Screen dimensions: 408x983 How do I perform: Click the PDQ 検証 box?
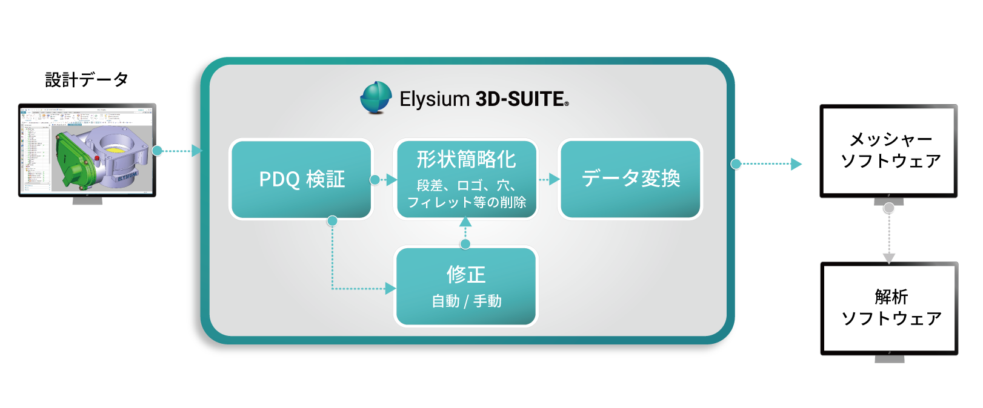click(301, 179)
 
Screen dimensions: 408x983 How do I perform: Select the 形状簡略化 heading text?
click(466, 159)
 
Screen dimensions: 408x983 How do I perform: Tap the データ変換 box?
click(630, 179)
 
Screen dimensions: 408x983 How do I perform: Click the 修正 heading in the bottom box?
click(466, 274)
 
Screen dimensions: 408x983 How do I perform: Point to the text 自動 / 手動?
click(466, 301)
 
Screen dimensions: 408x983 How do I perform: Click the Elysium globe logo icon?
click(376, 97)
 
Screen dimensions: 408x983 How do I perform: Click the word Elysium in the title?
click(434, 99)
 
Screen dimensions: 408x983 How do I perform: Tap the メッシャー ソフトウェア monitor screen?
click(888, 151)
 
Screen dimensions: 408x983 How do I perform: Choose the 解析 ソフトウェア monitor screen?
click(889, 308)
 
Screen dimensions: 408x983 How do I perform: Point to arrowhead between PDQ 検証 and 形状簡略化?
click(392, 180)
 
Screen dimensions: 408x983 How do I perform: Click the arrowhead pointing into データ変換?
click(554, 179)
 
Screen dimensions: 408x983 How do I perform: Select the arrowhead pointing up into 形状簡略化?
click(465, 222)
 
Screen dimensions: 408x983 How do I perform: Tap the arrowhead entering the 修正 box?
click(390, 289)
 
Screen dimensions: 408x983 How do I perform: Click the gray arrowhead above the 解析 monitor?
click(889, 258)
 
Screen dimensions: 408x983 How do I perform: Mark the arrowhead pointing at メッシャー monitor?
click(796, 163)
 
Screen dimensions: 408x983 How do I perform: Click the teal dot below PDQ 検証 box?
click(332, 221)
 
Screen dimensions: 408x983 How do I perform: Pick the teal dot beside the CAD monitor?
click(158, 151)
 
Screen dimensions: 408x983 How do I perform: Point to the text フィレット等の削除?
click(466, 202)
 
